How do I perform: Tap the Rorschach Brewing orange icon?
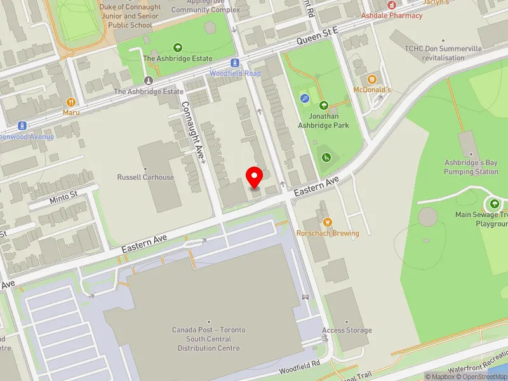(x=328, y=222)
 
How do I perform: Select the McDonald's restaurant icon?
(x=373, y=79)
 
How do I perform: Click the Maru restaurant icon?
(x=71, y=102)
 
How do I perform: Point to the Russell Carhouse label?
(x=145, y=177)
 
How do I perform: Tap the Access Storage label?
(x=347, y=330)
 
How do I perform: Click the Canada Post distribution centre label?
(x=208, y=339)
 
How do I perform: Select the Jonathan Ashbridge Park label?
(x=324, y=121)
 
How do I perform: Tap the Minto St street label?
(x=63, y=198)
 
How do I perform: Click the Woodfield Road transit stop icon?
(x=235, y=63)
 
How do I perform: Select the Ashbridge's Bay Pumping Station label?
(x=471, y=167)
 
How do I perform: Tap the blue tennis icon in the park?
(x=305, y=98)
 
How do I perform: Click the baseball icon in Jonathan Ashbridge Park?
(x=326, y=156)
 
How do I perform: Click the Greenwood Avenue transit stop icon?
(x=23, y=125)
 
